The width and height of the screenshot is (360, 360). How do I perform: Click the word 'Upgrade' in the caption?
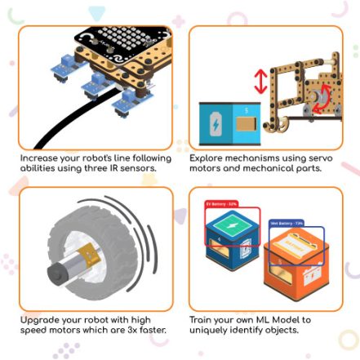click(x=38, y=320)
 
